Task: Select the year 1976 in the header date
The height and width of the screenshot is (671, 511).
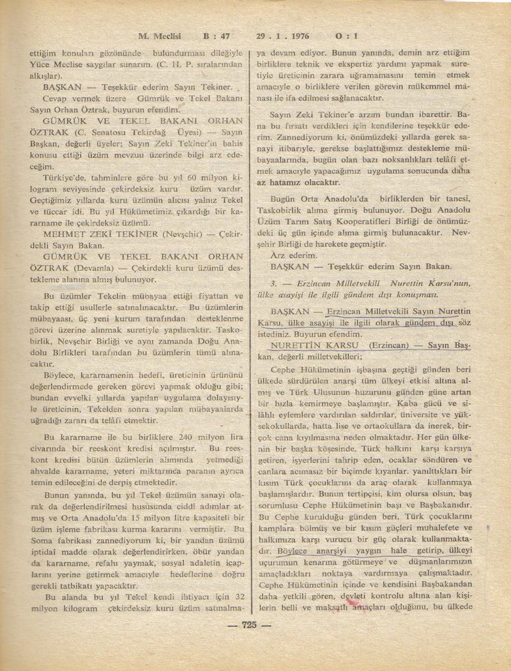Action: [296, 36]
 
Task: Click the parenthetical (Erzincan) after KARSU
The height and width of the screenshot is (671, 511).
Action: [386, 345]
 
